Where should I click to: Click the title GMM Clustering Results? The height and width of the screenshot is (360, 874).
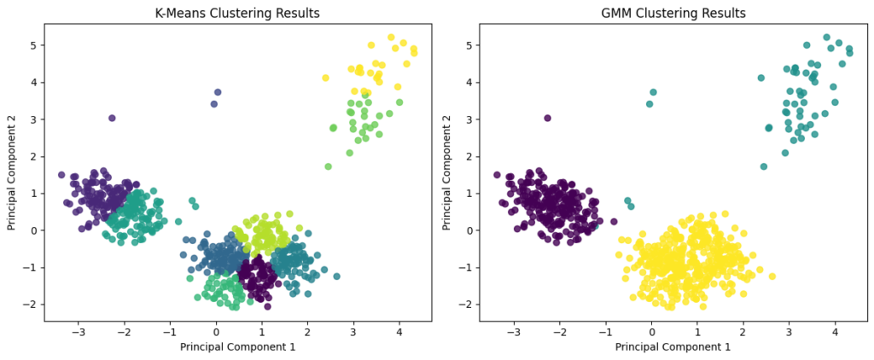[x=674, y=13]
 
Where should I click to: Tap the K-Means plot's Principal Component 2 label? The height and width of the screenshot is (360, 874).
[x=12, y=172]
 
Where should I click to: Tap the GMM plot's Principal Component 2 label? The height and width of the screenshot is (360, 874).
[x=447, y=172]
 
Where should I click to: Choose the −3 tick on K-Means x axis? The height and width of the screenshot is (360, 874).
[x=79, y=332]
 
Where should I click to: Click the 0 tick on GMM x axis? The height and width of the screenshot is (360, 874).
[x=651, y=332]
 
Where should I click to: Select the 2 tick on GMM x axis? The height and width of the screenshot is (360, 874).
[x=743, y=332]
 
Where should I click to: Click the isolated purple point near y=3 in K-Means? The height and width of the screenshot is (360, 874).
[x=112, y=119]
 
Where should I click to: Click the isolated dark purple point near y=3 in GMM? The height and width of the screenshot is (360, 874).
[x=547, y=119]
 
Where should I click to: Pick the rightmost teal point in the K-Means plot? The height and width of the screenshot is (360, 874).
[x=336, y=276]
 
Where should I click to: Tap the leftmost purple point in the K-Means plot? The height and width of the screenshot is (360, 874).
[x=61, y=175]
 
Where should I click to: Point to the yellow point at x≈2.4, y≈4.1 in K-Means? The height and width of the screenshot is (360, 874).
[x=325, y=78]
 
